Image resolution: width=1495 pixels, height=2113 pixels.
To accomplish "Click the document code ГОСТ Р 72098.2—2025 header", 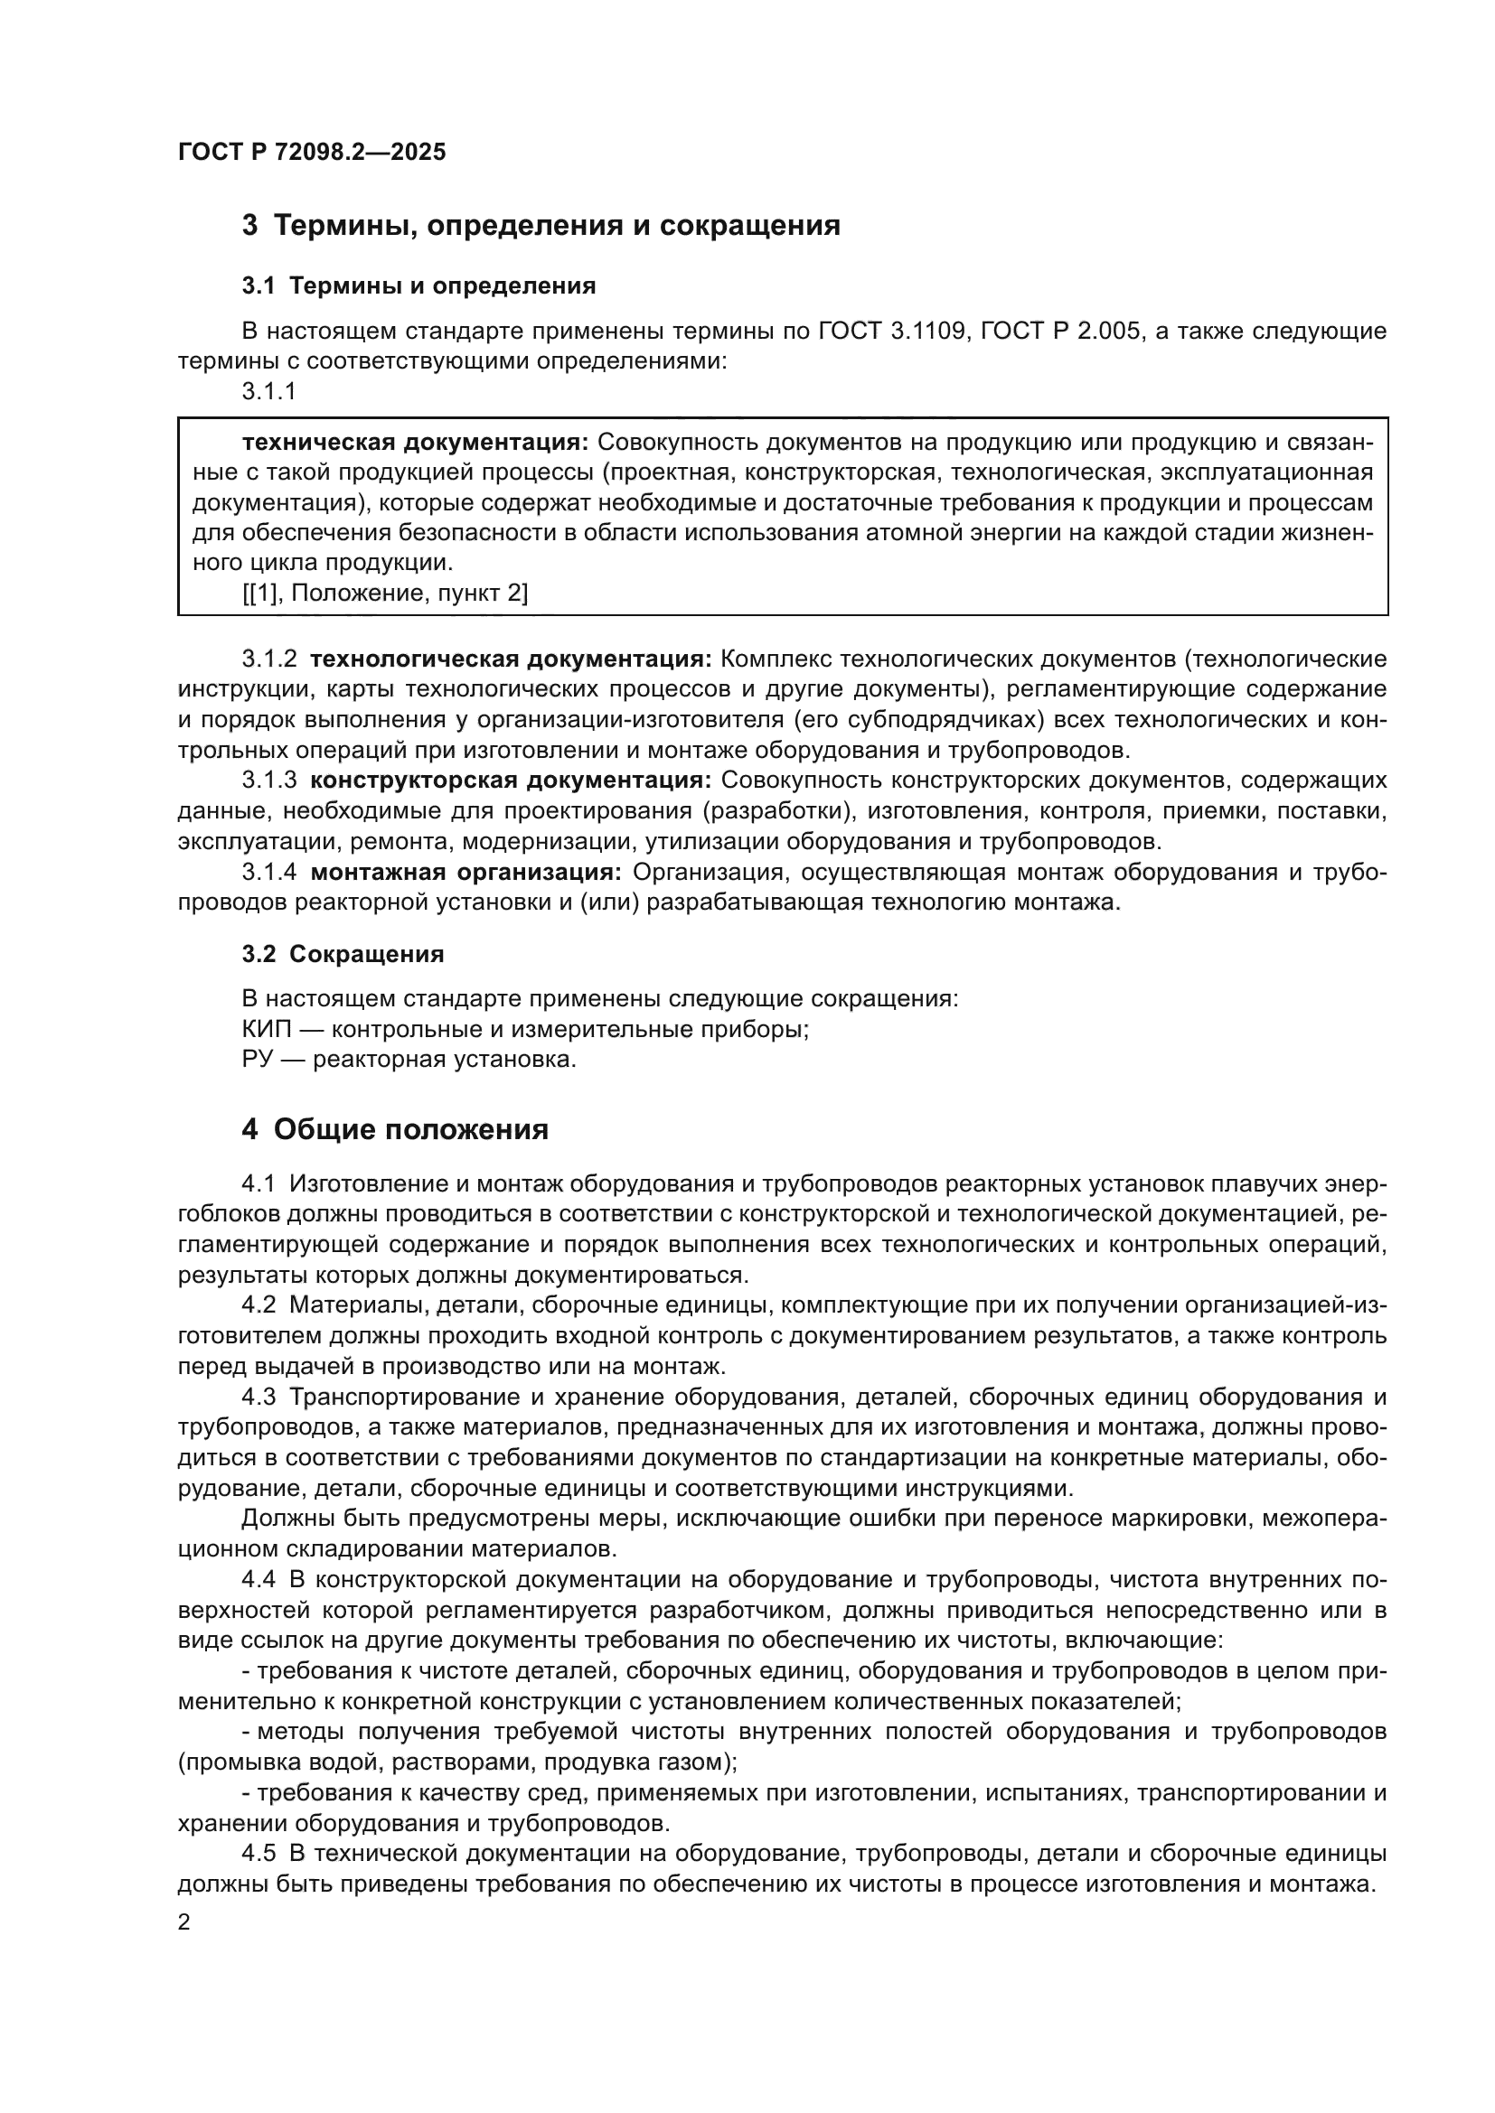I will point(311,153).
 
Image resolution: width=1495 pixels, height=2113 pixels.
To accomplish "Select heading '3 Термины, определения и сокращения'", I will point(541,226).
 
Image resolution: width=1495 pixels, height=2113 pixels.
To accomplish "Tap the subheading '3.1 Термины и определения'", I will point(418,286).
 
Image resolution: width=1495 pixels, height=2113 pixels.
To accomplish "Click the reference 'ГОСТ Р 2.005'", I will point(1060,332).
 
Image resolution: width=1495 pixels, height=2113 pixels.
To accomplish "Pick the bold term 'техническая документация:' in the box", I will point(414,443).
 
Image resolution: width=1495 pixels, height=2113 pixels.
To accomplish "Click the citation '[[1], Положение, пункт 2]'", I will point(385,594).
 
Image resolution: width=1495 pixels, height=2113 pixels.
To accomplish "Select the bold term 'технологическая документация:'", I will point(511,659).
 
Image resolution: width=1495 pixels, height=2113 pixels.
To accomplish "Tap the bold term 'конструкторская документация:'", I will point(511,781).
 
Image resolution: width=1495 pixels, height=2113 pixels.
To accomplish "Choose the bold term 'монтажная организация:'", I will point(465,873).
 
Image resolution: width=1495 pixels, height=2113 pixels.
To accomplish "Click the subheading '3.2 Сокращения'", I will point(343,954).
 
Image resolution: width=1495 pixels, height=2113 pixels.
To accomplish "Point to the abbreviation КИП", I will point(265,1030).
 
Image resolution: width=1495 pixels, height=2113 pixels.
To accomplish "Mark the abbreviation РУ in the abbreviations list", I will point(255,1061).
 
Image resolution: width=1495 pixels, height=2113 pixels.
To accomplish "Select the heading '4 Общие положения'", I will point(395,1130).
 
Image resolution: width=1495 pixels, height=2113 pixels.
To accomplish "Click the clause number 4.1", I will point(259,1184).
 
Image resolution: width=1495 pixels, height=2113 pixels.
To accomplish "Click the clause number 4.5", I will point(259,1854).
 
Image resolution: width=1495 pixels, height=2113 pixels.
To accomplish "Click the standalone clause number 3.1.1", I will point(268,392).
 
